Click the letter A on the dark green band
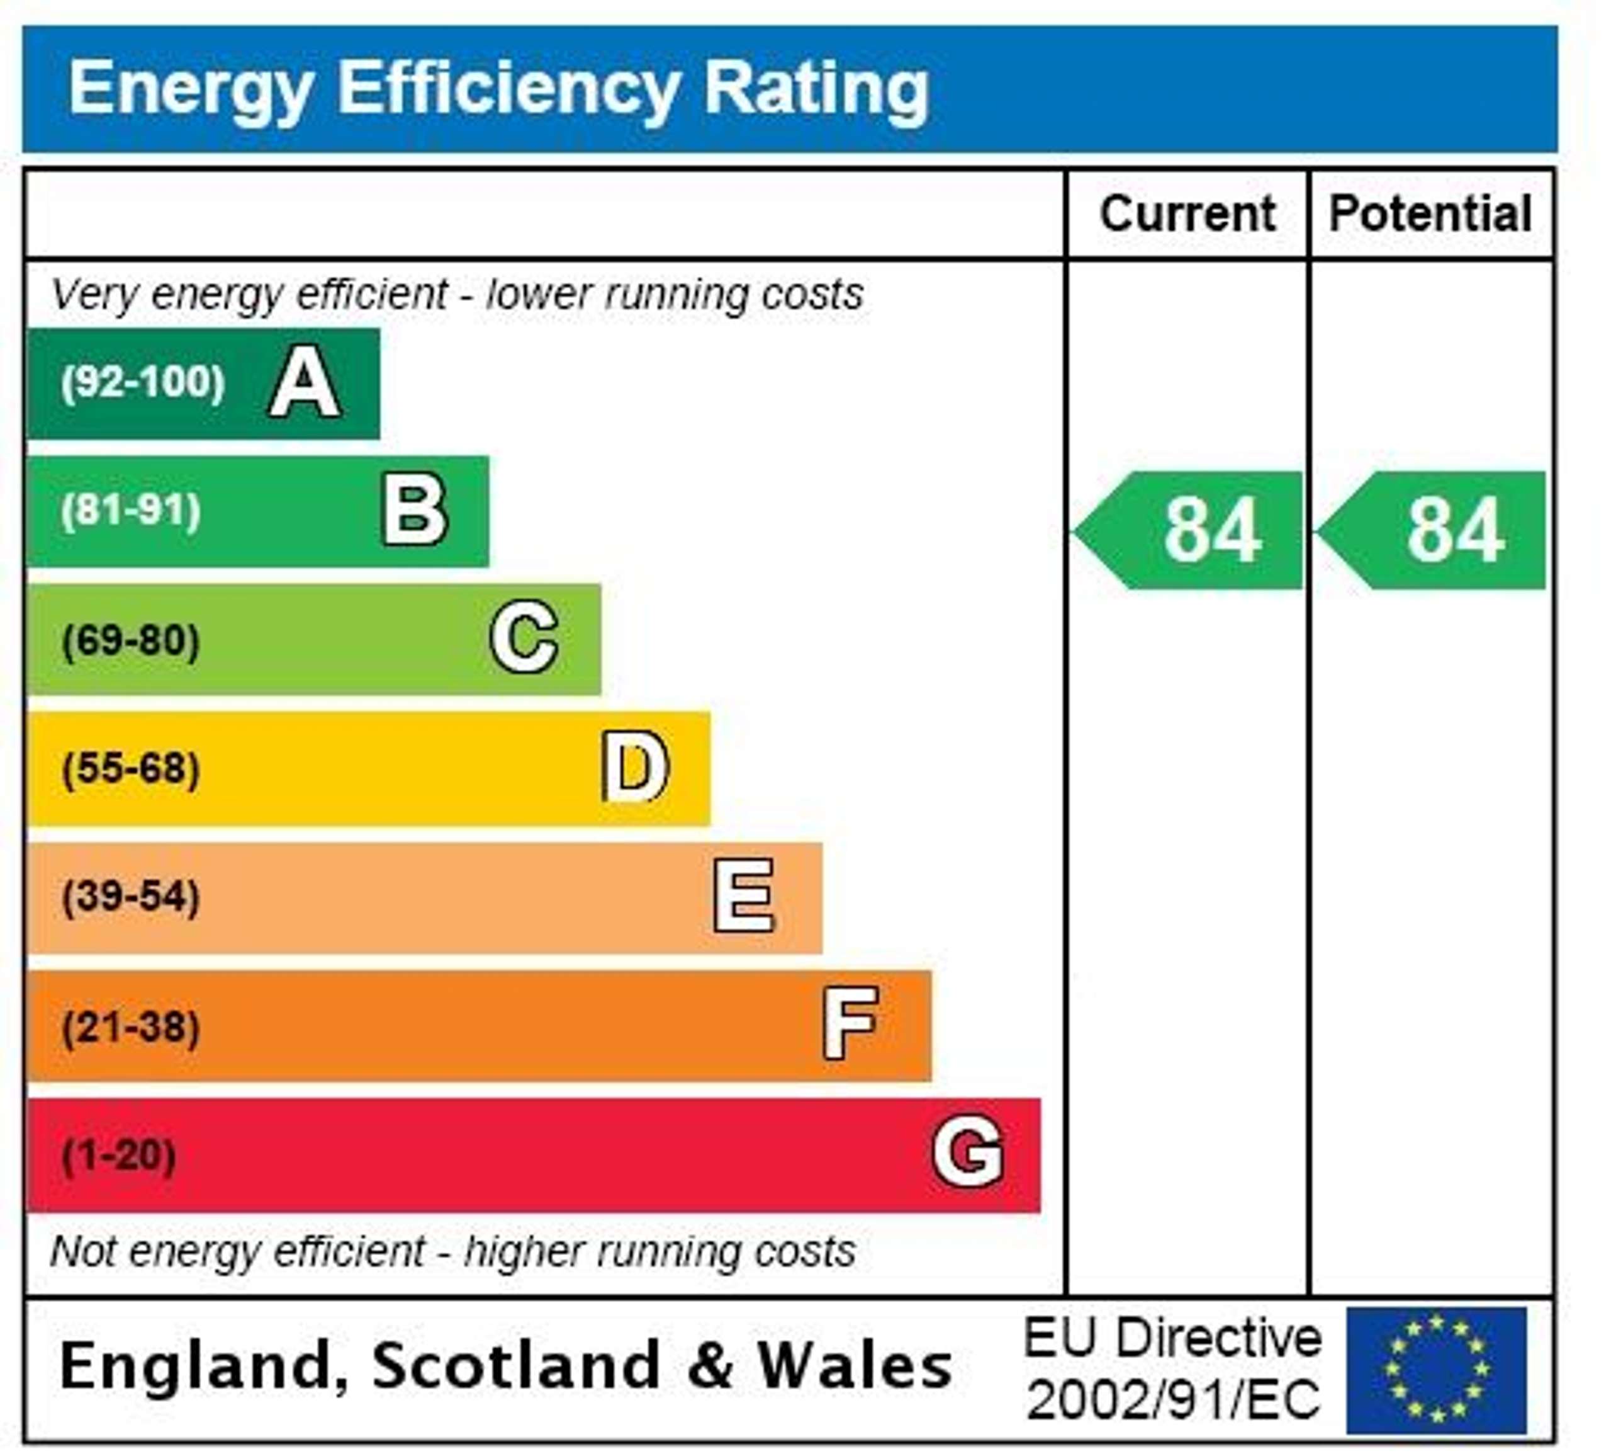coord(305,383)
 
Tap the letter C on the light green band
coord(524,638)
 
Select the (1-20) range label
coord(119,1156)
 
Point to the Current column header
coord(1187,214)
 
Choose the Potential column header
coord(1430,214)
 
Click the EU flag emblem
coord(1437,1370)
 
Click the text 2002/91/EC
coord(1173,1400)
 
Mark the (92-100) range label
coord(143,382)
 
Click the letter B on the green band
coord(415,510)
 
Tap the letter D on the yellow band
coord(636,768)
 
